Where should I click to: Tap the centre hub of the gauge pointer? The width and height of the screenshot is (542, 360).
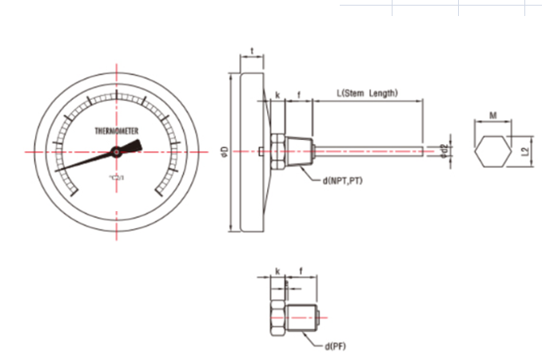(117, 150)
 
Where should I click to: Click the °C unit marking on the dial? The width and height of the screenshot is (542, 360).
(117, 176)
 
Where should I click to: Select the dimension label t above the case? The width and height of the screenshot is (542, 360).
(253, 51)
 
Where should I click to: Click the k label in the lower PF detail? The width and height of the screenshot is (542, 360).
(277, 271)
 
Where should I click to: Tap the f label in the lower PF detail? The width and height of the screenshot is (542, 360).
(300, 271)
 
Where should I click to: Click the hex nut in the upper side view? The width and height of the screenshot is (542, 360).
(277, 151)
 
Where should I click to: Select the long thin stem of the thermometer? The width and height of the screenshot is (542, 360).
(368, 149)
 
